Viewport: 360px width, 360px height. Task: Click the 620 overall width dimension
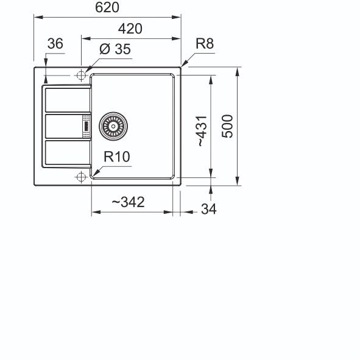(107, 7)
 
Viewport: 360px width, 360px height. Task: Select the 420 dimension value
(130, 29)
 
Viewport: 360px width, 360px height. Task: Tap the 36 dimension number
(55, 43)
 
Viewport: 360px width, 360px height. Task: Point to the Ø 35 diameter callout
(115, 49)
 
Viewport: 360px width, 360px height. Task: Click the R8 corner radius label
(205, 43)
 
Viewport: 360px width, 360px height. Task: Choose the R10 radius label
(117, 157)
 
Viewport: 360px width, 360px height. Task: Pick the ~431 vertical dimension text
(202, 131)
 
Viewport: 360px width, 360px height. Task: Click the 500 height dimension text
(227, 126)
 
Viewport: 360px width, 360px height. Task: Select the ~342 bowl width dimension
(128, 202)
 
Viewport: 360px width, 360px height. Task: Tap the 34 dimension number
(209, 209)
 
